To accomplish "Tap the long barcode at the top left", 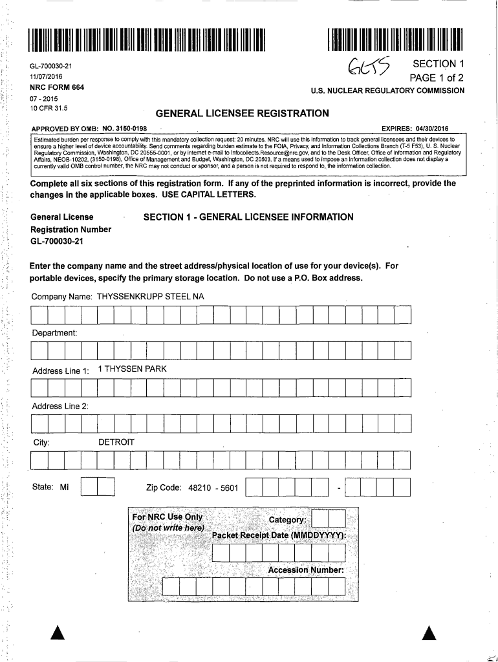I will [146, 39].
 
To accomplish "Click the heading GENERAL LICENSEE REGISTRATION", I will [243, 114].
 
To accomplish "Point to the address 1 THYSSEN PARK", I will [132, 369].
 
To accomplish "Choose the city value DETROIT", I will [116, 442].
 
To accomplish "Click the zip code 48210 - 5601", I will [213, 487].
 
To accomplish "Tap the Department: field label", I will [54, 333].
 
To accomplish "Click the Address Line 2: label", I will [60, 406].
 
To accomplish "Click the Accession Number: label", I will [307, 570].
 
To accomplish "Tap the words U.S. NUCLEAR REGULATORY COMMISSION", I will [387, 91].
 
